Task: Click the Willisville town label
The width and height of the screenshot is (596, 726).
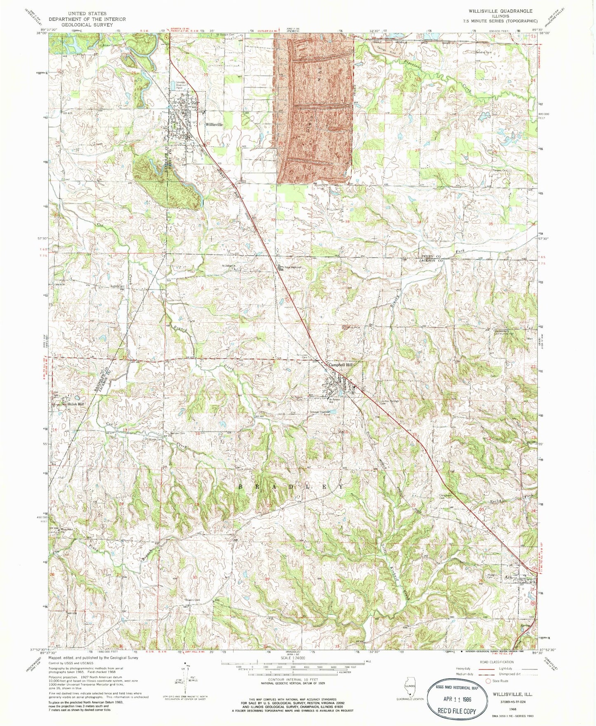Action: pyautogui.click(x=214, y=124)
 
